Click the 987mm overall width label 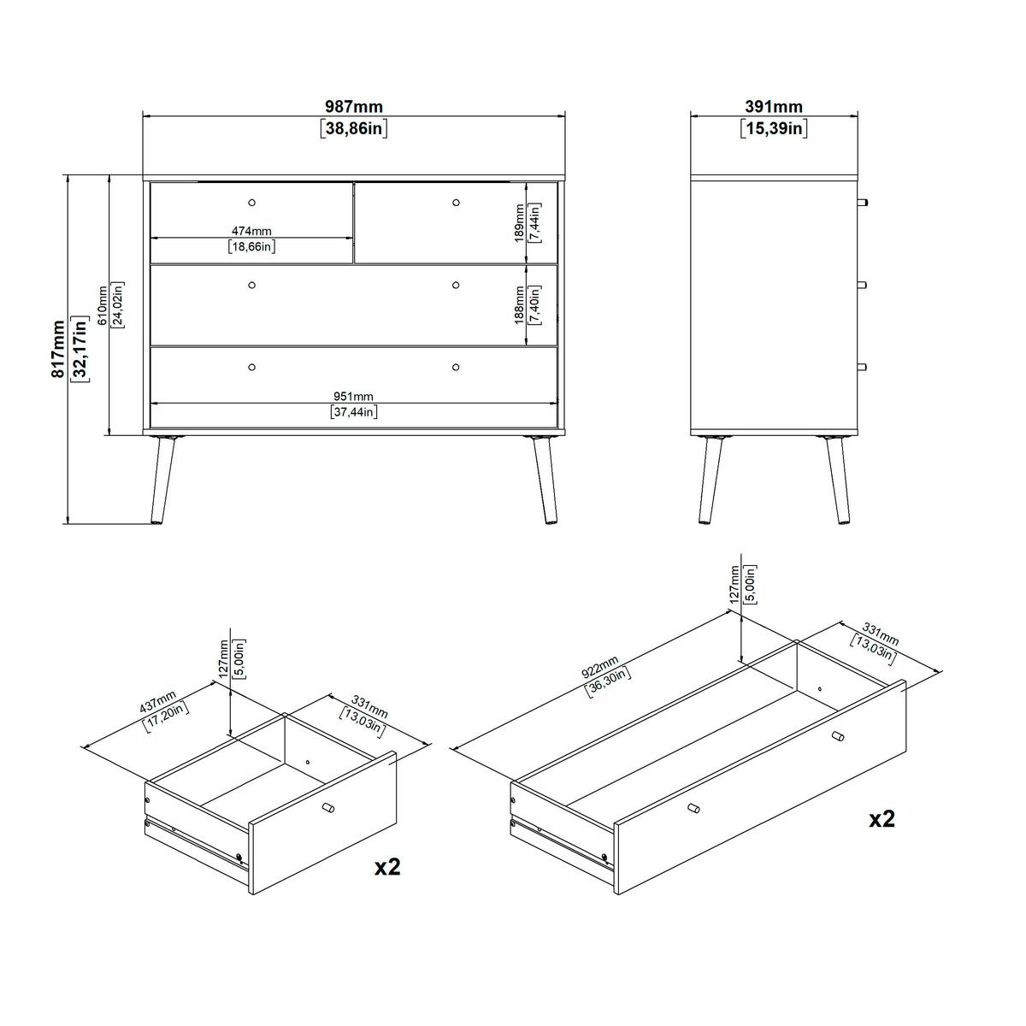[x=353, y=107]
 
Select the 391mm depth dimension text [x=774, y=107]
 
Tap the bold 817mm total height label [x=57, y=349]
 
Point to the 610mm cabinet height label [x=102, y=305]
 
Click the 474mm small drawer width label [x=251, y=231]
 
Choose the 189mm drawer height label [x=519, y=222]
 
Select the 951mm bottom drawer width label [x=353, y=396]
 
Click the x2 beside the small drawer [x=387, y=867]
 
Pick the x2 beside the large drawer [x=882, y=819]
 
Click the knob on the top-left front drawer [x=251, y=202]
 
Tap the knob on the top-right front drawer [x=456, y=202]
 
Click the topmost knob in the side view [x=862, y=203]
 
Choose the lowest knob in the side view [x=862, y=367]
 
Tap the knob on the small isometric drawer [x=328, y=808]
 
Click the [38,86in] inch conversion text [x=353, y=129]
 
